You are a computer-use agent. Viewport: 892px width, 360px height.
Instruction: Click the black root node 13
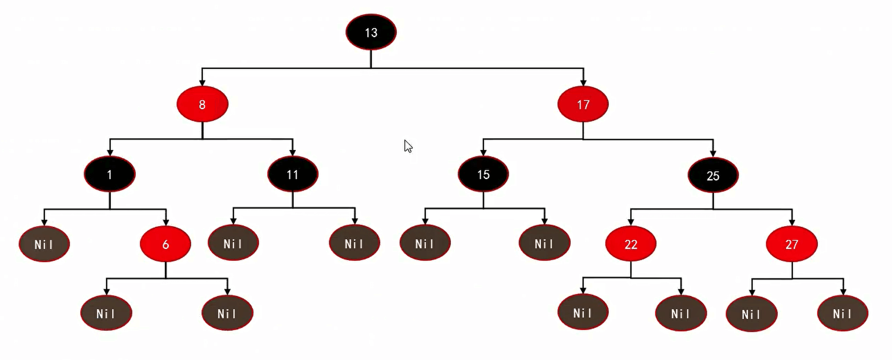pyautogui.click(x=371, y=32)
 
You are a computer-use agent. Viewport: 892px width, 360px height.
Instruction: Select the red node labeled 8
pyautogui.click(x=202, y=104)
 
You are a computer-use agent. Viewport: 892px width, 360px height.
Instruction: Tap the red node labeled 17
pyautogui.click(x=583, y=104)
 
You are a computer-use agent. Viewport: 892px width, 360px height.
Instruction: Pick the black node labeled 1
pyautogui.click(x=109, y=174)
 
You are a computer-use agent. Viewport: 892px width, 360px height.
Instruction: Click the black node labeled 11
pyautogui.click(x=293, y=174)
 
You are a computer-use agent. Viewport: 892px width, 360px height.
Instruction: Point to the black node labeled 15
pyautogui.click(x=483, y=174)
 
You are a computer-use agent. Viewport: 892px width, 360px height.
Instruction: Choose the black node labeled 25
pyautogui.click(x=713, y=175)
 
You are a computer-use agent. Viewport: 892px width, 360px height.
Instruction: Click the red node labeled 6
pyautogui.click(x=165, y=244)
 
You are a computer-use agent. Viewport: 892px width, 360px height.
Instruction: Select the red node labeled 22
pyautogui.click(x=631, y=244)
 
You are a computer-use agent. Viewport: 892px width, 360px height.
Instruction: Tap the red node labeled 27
pyautogui.click(x=792, y=244)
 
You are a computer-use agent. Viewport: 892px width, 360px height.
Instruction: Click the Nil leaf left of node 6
pyautogui.click(x=44, y=244)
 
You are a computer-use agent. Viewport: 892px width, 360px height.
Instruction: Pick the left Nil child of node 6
pyautogui.click(x=106, y=313)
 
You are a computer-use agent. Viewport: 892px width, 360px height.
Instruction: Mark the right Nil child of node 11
pyautogui.click(x=355, y=243)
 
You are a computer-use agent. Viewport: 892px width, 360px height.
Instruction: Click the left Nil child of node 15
pyautogui.click(x=425, y=243)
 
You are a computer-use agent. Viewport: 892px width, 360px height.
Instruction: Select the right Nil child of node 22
pyautogui.click(x=681, y=314)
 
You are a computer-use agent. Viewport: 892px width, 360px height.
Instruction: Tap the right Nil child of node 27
pyautogui.click(x=843, y=314)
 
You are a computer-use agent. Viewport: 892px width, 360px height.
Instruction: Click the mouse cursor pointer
pyautogui.click(x=408, y=146)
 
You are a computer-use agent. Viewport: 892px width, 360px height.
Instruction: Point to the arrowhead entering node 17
pyautogui.click(x=584, y=83)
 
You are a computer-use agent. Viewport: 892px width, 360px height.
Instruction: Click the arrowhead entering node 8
pyautogui.click(x=202, y=83)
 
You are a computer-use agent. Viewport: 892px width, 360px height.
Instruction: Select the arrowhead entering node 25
pyautogui.click(x=713, y=153)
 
